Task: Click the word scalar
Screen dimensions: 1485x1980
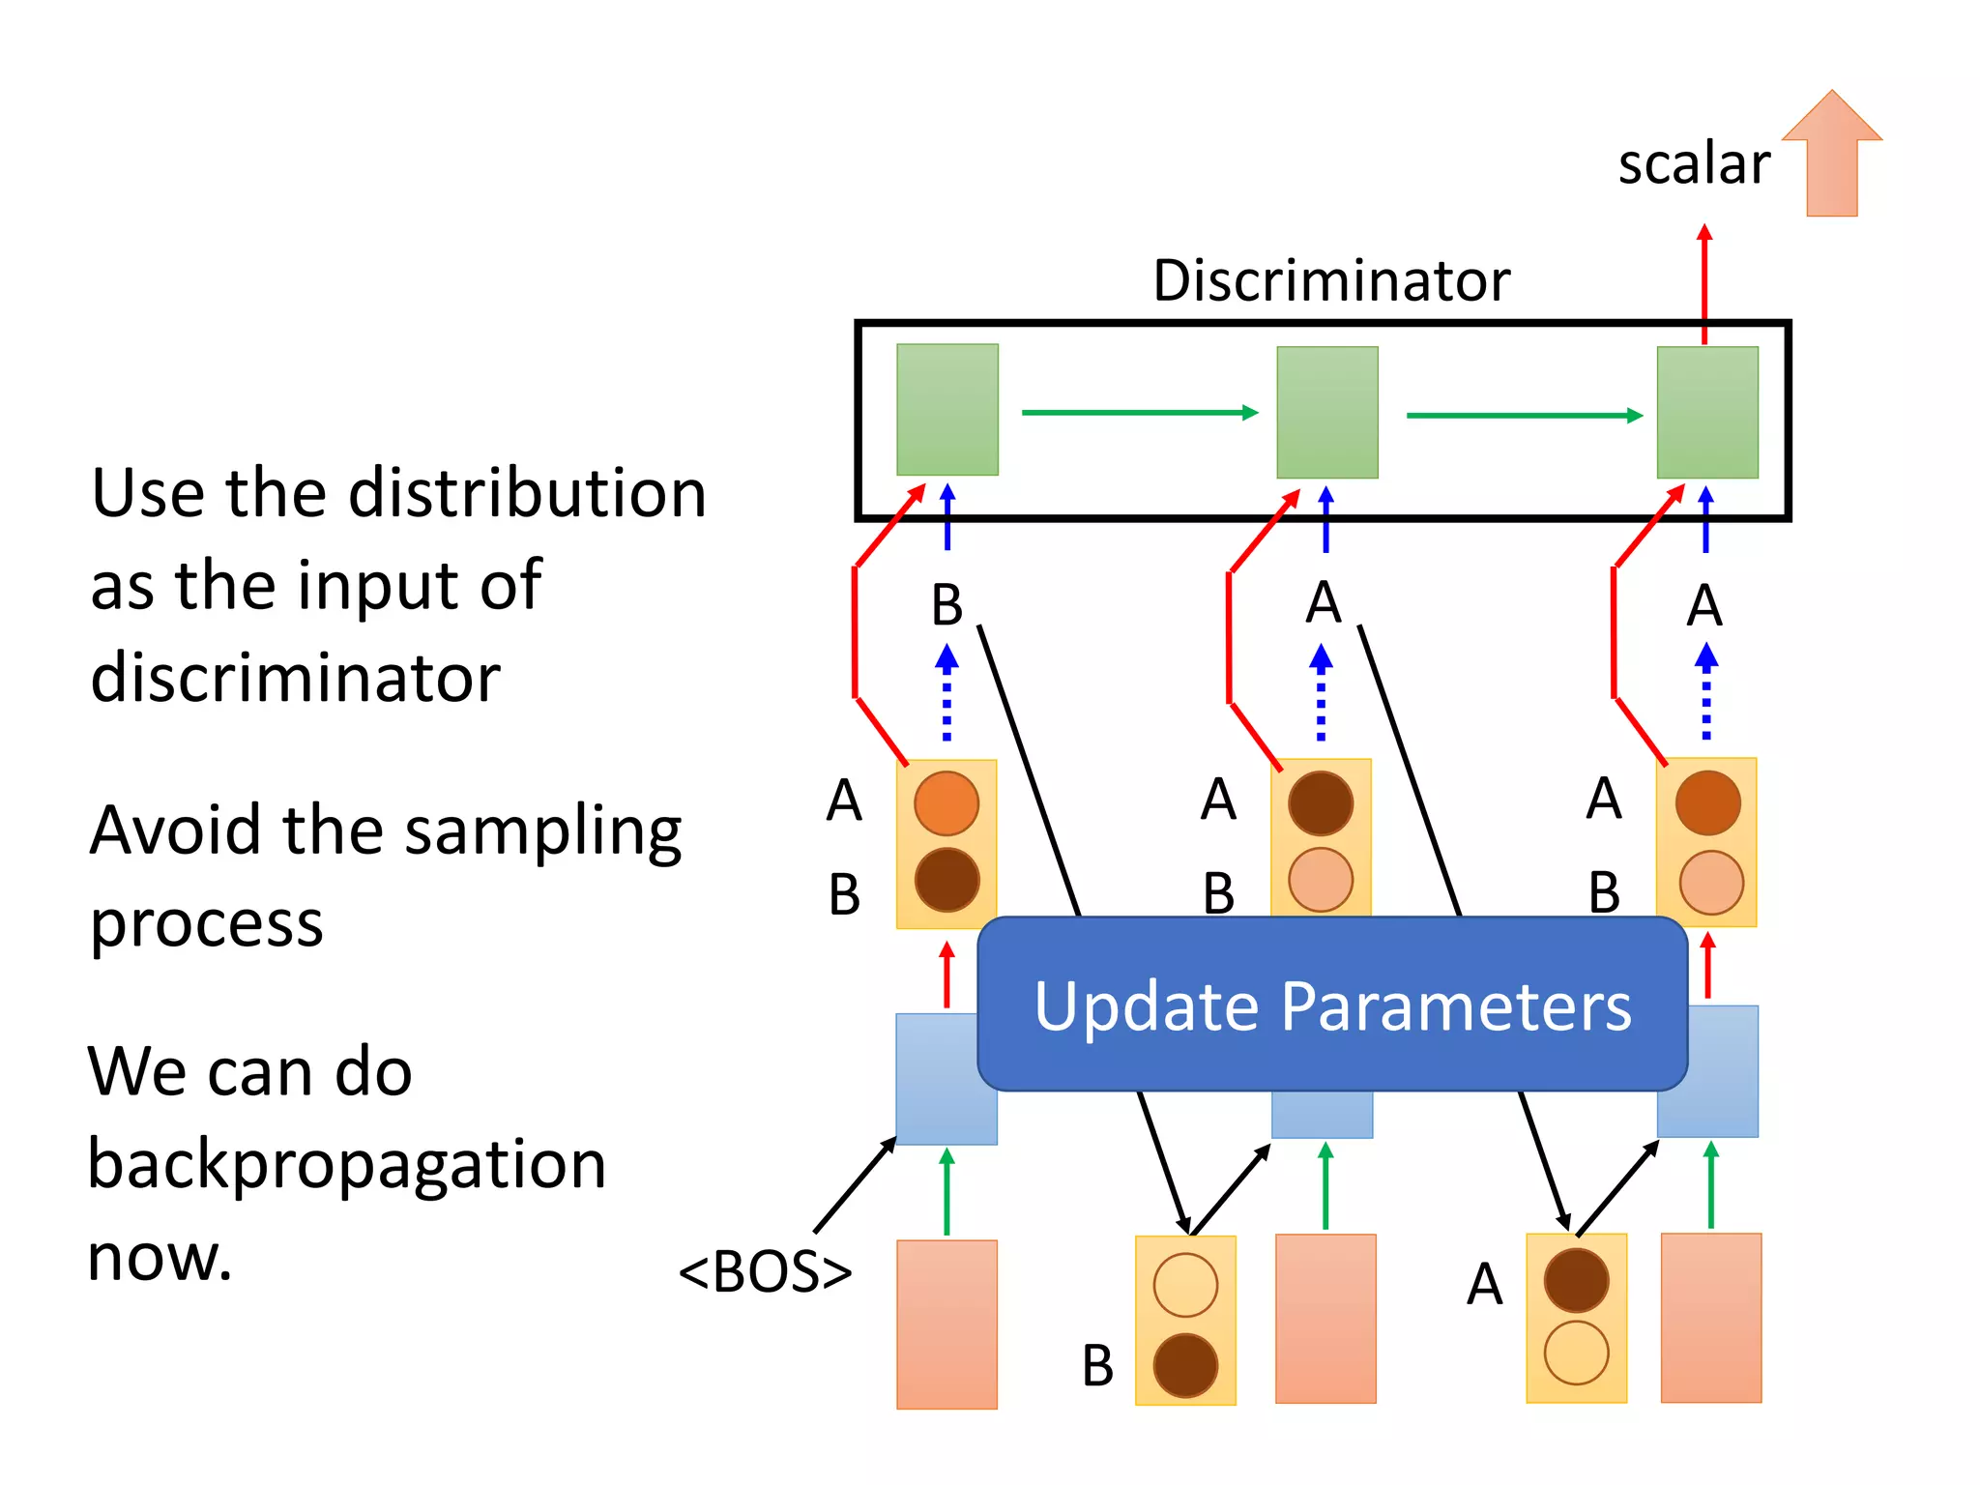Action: point(1694,164)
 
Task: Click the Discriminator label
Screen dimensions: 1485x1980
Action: point(1330,281)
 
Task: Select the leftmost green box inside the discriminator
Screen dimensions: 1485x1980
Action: point(946,410)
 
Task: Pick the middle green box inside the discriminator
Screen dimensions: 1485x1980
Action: point(1326,413)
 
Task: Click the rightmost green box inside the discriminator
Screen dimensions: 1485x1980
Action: point(1707,413)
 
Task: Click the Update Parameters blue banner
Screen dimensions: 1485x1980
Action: point(1332,1005)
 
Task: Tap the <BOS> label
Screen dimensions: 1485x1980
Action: point(765,1272)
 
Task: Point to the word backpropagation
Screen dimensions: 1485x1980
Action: point(346,1164)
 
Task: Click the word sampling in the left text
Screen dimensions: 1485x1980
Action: point(542,831)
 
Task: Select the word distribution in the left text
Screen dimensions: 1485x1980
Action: point(527,494)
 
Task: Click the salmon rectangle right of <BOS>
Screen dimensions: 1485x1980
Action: point(946,1325)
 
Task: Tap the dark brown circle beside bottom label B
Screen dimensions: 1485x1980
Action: point(1185,1365)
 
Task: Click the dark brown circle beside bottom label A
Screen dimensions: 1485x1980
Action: point(1576,1280)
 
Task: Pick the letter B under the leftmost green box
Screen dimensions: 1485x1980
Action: point(946,605)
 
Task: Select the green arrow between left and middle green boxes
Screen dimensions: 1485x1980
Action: point(1139,413)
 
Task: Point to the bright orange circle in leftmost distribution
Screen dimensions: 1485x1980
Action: point(946,803)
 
